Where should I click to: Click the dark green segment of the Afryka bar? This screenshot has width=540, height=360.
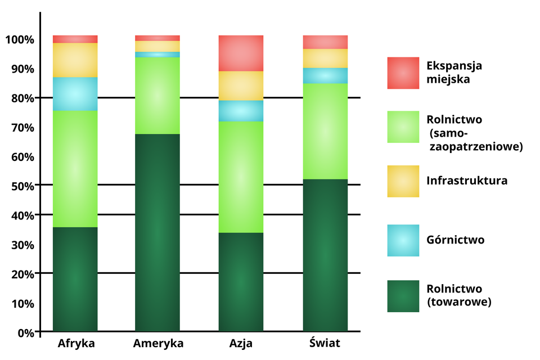(75, 279)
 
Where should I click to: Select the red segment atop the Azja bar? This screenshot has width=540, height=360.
(241, 53)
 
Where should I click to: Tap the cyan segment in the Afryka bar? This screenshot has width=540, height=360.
(75, 94)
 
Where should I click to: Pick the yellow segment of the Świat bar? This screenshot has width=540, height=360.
(325, 58)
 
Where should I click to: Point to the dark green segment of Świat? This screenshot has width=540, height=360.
(325, 255)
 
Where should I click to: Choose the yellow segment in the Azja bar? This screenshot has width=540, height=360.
(241, 86)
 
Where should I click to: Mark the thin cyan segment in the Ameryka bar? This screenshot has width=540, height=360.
(157, 55)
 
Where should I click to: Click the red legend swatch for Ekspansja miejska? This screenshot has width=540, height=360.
(403, 73)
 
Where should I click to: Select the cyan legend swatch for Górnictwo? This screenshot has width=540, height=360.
(403, 240)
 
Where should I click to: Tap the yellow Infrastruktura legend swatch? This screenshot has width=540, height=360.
(403, 181)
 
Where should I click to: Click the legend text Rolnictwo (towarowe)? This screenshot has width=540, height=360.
(459, 295)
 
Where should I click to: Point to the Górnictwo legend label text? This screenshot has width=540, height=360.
(455, 240)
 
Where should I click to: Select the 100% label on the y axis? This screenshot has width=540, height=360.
(20, 40)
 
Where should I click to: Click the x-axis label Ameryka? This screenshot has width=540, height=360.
(158, 343)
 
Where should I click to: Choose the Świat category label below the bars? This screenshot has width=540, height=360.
(325, 343)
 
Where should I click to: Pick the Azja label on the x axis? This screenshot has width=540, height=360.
(241, 343)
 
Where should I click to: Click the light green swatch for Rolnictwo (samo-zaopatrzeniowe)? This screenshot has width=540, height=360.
(403, 127)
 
